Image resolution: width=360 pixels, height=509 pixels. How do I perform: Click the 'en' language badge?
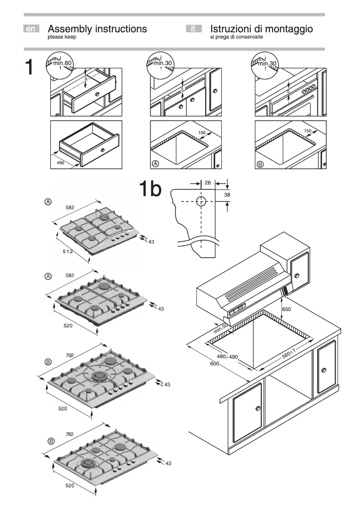point(31,29)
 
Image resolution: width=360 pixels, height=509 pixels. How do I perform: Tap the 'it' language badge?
point(193,29)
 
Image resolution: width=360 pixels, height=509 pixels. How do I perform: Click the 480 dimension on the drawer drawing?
point(61,162)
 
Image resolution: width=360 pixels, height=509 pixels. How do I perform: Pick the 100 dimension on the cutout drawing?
point(202,132)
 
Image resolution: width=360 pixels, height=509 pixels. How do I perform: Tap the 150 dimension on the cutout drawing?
point(307,131)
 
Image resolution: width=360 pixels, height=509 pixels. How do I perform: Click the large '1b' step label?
point(149,189)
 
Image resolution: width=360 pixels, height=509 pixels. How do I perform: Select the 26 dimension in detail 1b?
point(207,183)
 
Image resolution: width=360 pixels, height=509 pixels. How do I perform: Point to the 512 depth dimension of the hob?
point(68,253)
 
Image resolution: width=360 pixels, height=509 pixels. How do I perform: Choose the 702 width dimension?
point(70,355)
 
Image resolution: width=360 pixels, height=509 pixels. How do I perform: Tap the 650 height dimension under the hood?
point(286,310)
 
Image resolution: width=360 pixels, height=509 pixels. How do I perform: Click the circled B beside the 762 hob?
point(51,441)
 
